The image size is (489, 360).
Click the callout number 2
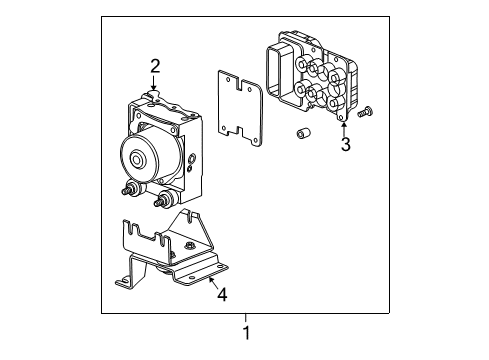pos(155,67)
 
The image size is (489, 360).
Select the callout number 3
pos(345,145)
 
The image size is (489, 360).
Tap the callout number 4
pos(223,295)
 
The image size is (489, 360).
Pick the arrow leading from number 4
pos(212,284)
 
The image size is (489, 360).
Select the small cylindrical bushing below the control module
pos(300,134)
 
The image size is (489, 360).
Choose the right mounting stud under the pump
pos(160,226)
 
